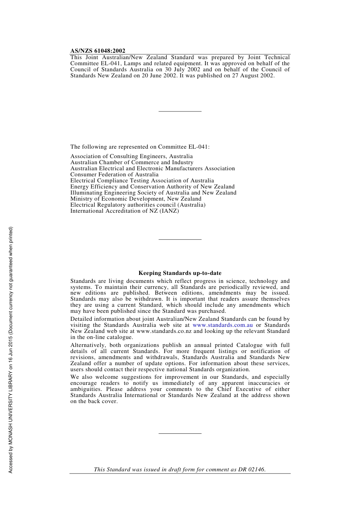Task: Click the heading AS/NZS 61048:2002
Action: tap(98, 51)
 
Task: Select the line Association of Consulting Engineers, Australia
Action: tap(131, 156)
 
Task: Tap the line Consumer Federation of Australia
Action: tap(114, 174)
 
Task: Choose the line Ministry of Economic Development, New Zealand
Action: tap(136, 199)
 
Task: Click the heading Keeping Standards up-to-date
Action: tap(180, 273)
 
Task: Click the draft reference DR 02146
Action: tap(252, 469)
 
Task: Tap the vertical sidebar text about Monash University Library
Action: tap(11, 350)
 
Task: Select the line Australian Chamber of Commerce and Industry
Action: tap(132, 162)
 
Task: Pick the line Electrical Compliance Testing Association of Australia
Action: tap(142, 180)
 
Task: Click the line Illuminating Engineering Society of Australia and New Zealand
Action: tap(153, 193)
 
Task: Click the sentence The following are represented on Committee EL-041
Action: tap(140, 147)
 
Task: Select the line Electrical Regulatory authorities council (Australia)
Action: tap(138, 205)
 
